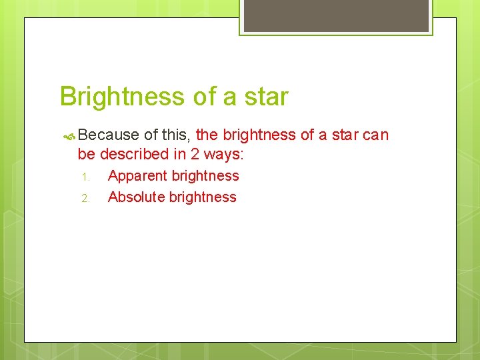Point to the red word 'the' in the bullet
tap(207, 135)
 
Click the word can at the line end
tap(375, 135)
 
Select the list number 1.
tap(85, 177)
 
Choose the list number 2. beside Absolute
tap(85, 198)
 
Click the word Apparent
tap(137, 176)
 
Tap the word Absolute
tap(136, 197)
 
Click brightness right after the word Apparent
tap(205, 176)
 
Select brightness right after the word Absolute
tap(203, 197)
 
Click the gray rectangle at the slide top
tap(335, 15)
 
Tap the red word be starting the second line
tap(87, 154)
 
